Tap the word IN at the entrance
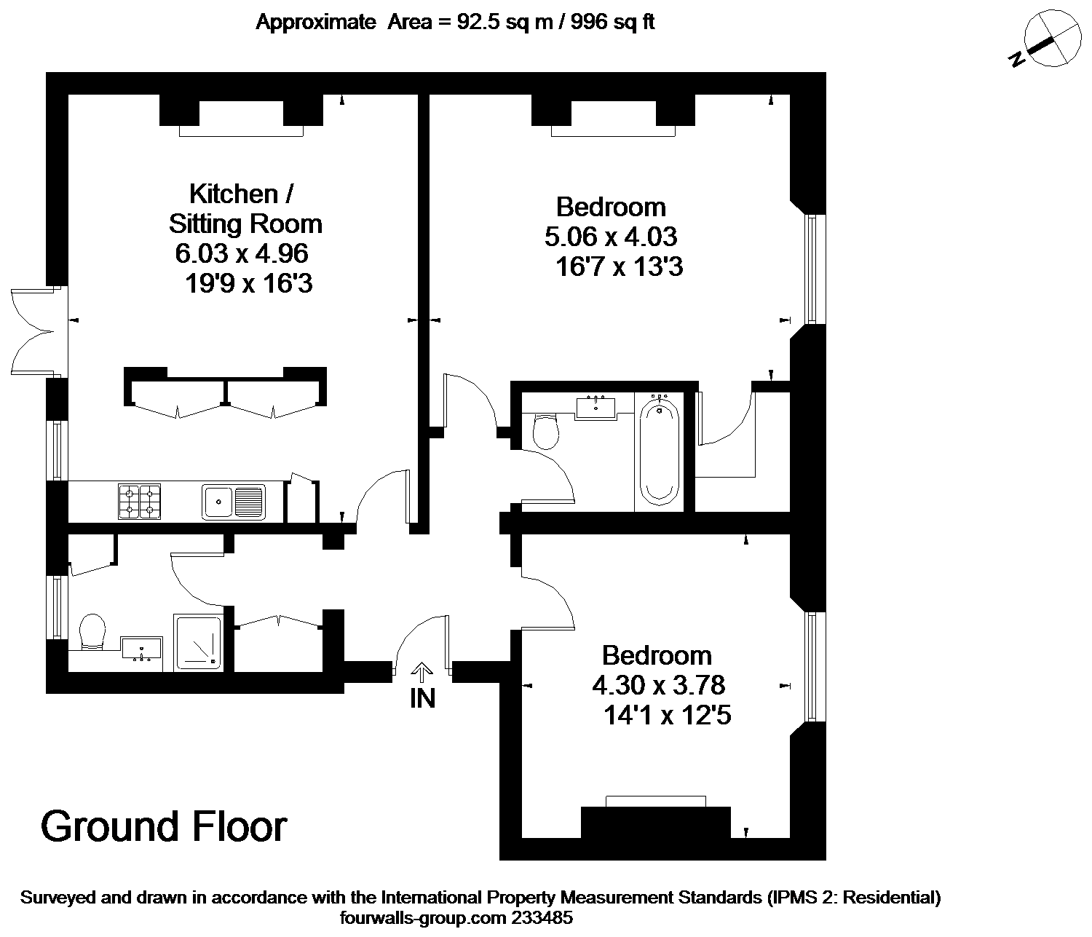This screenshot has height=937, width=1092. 423,698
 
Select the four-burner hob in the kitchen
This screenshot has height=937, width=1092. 139,502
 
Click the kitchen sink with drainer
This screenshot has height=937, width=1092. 234,502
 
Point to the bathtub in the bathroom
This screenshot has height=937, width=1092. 659,451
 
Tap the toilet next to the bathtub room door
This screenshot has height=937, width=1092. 546,431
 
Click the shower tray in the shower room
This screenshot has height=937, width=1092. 197,643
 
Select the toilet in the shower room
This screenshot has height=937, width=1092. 92,631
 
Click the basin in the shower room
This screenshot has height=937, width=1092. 141,649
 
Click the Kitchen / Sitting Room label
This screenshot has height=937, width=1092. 245,209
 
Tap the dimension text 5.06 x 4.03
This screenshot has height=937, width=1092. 611,236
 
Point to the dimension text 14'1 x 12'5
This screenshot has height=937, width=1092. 668,716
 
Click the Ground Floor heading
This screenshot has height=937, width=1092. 164,826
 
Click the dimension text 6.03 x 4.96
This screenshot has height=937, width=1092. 242,253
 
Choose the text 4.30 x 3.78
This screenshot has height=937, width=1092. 658,685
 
